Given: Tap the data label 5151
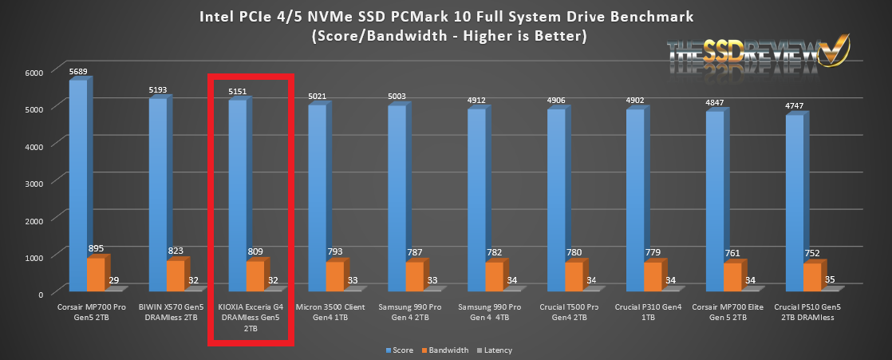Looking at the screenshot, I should tap(239, 92).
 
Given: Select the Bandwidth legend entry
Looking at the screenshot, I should tap(450, 350).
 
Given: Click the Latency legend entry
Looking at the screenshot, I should tap(498, 350).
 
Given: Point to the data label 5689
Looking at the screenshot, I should tap(79, 71).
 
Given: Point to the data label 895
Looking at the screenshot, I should tap(97, 248).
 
